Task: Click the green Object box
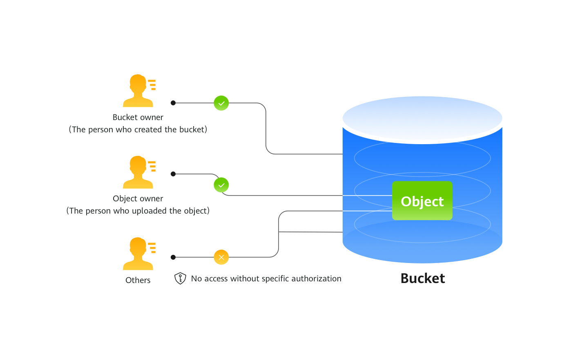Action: coord(422,201)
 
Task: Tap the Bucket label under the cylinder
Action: coord(422,278)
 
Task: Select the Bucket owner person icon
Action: coord(139,91)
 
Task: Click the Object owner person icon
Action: coord(139,172)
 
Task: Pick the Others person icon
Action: coord(139,254)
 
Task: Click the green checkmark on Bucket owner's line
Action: coord(221,103)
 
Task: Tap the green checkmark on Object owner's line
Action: coord(221,185)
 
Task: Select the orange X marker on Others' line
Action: coord(221,257)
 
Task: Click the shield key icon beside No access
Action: coord(180,279)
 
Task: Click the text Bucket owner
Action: coord(138,117)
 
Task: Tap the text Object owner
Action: coord(138,198)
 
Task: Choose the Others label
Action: coord(138,280)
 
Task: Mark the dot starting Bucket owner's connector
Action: coord(173,103)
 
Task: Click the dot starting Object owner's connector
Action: coord(173,174)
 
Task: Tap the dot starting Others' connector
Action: coord(173,257)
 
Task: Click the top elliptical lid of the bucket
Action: coord(422,118)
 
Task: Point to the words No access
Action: coord(209,279)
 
